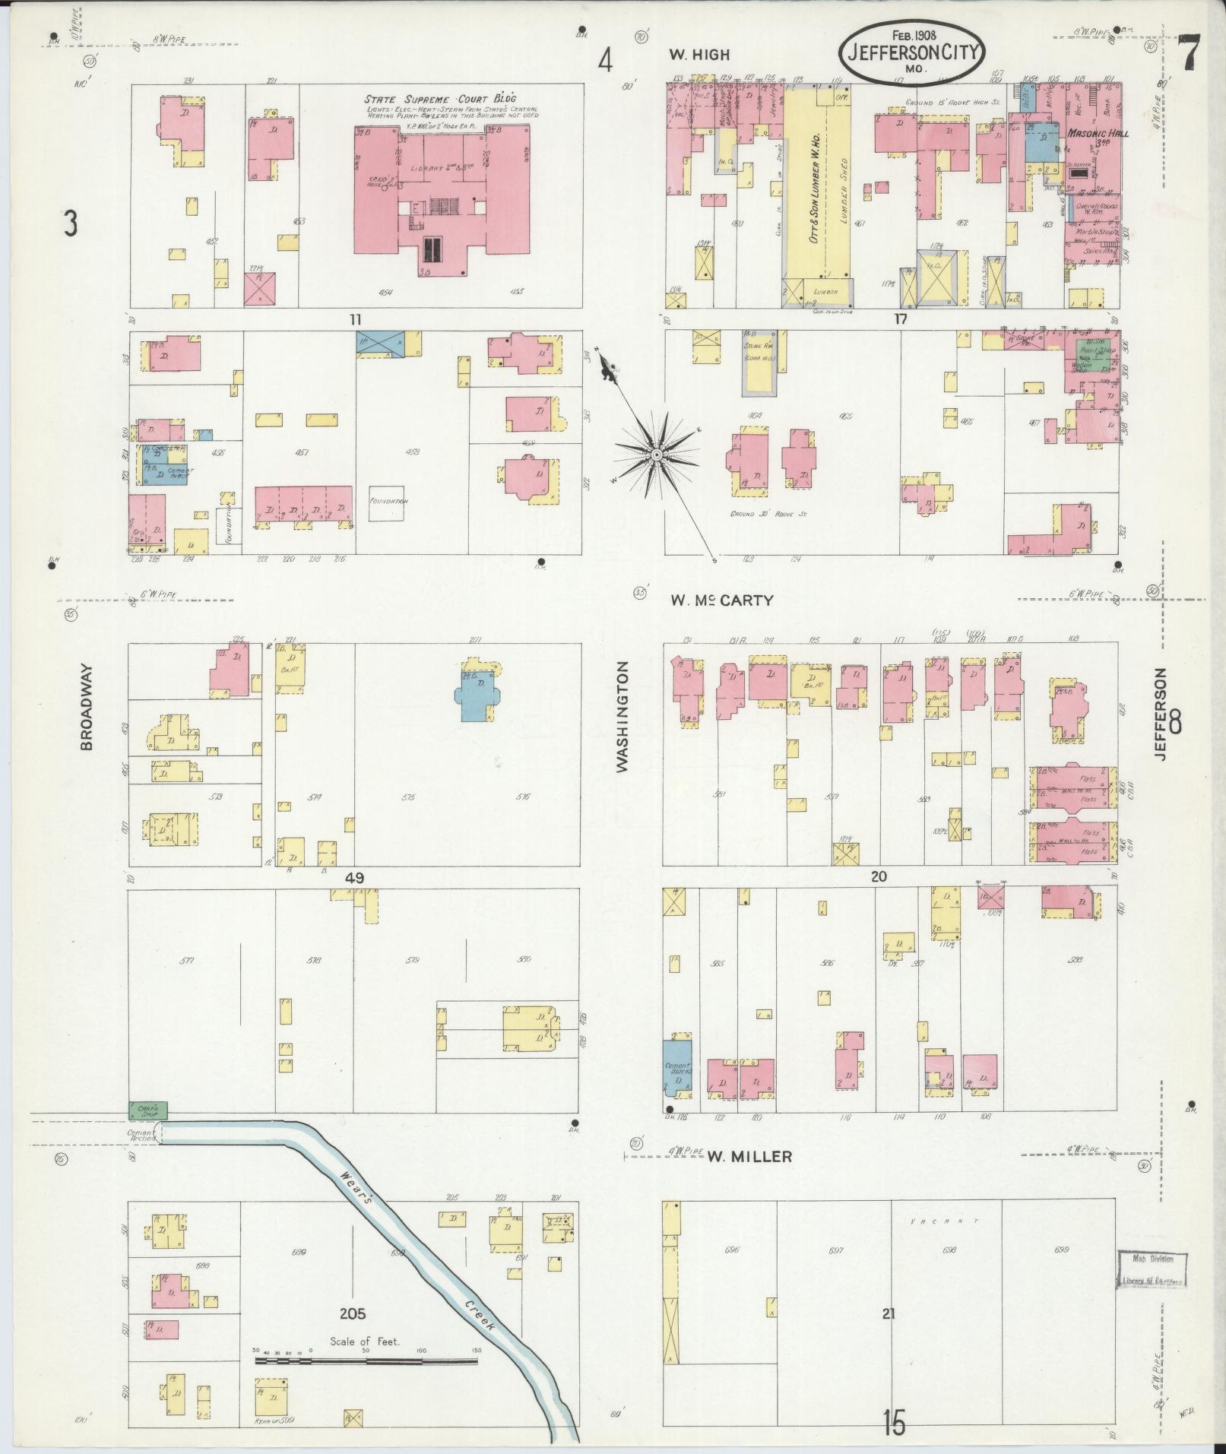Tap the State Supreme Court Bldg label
(439, 99)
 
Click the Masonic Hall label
(1098, 133)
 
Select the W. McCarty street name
(721, 600)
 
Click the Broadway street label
(86, 708)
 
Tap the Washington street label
(623, 717)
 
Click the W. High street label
(699, 54)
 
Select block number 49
(354, 877)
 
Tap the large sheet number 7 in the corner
(1189, 55)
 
